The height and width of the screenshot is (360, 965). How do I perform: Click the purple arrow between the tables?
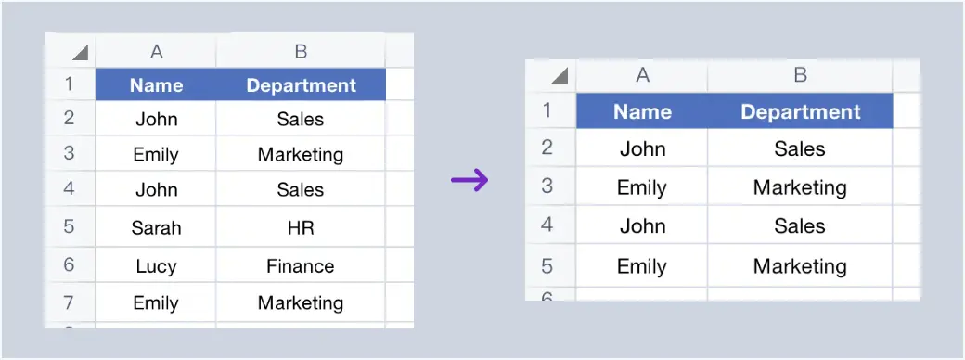(470, 180)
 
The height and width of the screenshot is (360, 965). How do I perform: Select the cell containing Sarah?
(156, 228)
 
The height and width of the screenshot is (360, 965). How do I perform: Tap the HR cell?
(300, 228)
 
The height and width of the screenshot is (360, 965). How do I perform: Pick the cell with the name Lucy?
(156, 266)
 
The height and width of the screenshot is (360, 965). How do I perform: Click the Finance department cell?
(300, 266)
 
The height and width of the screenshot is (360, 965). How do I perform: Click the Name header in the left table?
(156, 85)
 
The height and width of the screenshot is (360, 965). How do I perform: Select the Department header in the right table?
(800, 112)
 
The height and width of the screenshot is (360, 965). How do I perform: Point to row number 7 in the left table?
(70, 303)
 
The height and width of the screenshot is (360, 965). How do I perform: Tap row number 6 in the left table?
(70, 266)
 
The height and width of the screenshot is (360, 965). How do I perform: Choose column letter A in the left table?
(156, 52)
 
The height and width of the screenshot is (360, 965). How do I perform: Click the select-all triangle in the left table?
(80, 53)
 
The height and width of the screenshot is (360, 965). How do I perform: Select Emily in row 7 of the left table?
(156, 303)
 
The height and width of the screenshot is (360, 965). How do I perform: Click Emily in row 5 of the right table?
(642, 267)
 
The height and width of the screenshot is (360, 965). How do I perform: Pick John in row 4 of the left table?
(156, 189)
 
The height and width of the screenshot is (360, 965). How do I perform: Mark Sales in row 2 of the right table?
(800, 148)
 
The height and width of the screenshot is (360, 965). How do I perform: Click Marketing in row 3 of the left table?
(300, 154)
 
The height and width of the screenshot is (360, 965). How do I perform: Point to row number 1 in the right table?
(547, 111)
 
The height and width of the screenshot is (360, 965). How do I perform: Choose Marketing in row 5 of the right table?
(800, 267)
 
